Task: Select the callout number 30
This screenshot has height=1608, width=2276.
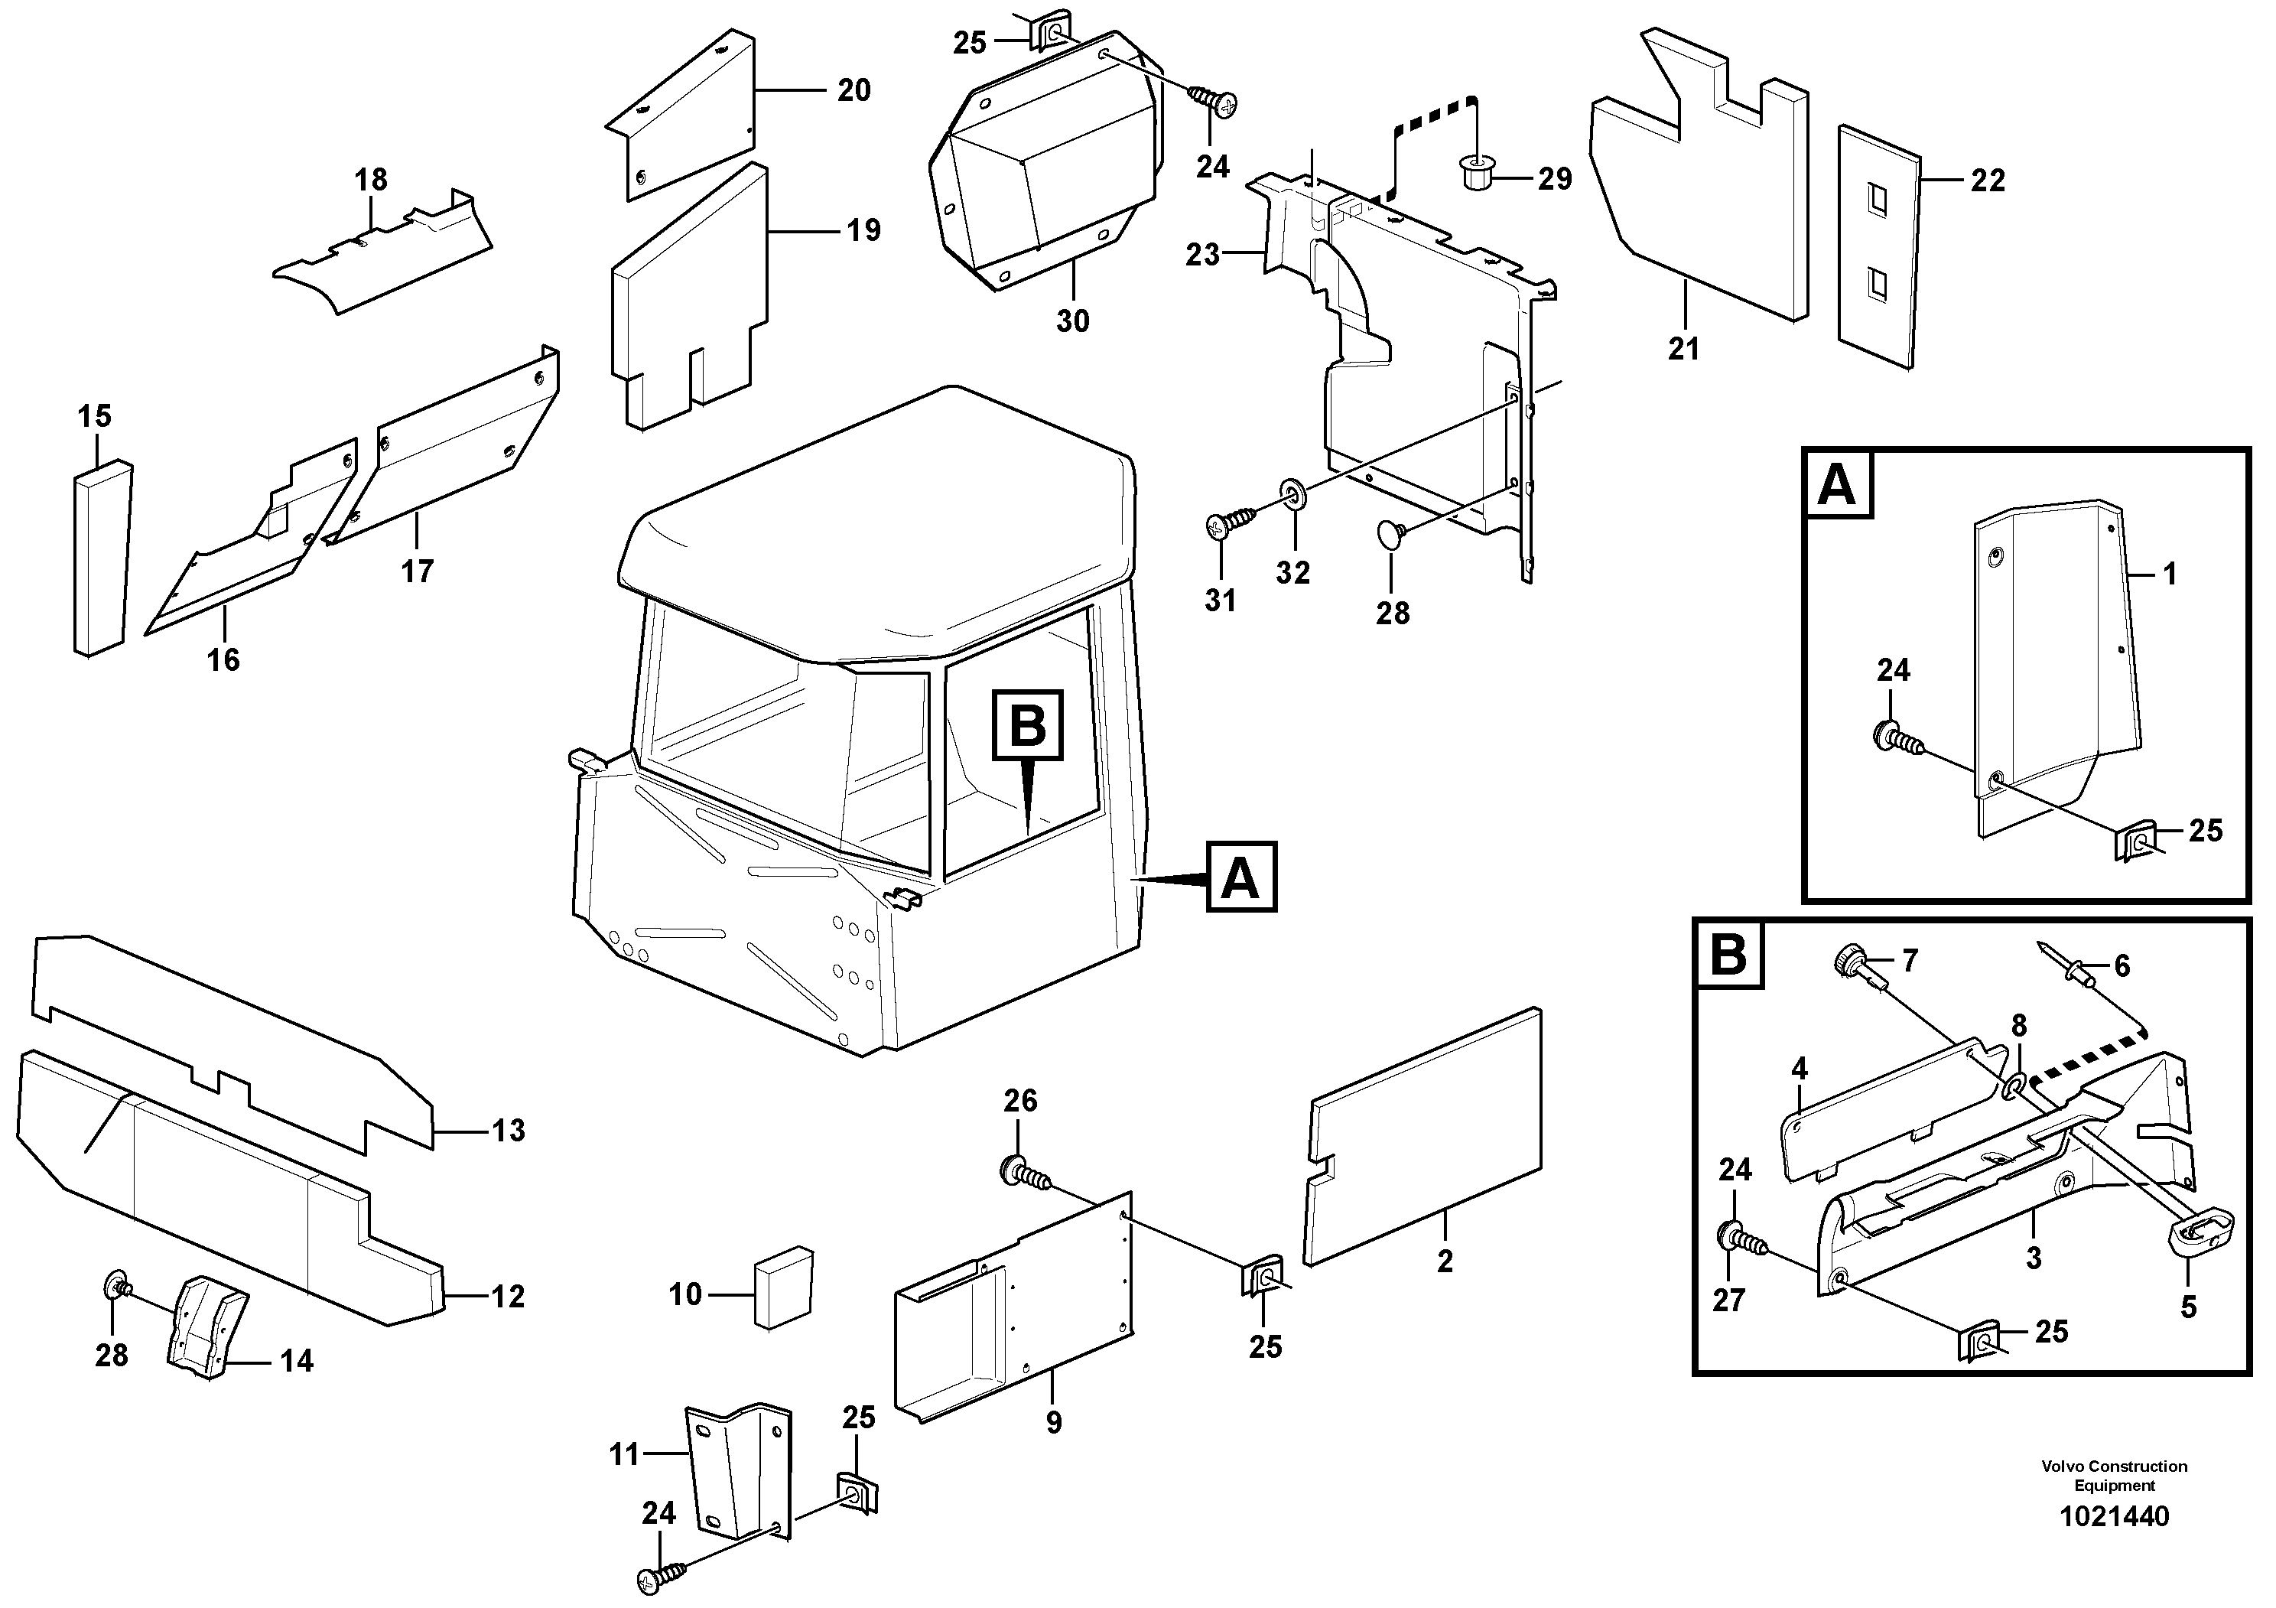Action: point(1071,321)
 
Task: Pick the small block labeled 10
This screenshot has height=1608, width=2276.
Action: point(783,1285)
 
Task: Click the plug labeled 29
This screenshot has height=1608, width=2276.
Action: point(1478,174)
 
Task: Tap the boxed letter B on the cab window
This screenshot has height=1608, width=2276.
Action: point(1027,726)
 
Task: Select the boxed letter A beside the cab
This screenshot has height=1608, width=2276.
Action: point(1241,877)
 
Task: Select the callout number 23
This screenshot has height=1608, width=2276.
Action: point(1201,255)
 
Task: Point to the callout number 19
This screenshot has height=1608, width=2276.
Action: point(863,230)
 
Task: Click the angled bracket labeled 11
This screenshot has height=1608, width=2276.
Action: point(739,1468)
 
